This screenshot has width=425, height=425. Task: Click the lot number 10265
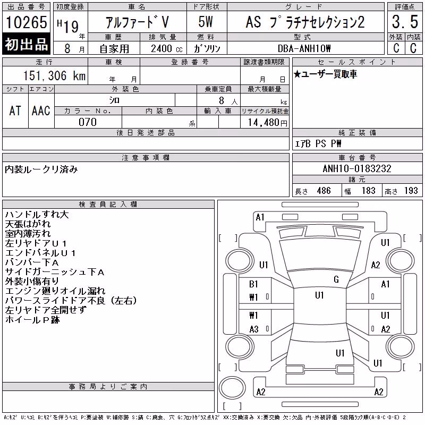tap(26, 22)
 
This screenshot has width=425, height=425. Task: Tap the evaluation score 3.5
tap(405, 22)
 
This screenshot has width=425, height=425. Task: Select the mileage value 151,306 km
tap(55, 75)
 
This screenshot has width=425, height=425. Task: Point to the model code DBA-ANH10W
tap(304, 48)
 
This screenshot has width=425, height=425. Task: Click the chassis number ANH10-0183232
tap(357, 168)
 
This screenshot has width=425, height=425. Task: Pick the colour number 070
tap(88, 122)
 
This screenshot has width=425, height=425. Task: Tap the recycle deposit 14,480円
tap(268, 123)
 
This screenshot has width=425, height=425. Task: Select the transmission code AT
tap(15, 110)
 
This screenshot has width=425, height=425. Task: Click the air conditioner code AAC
tap(41, 110)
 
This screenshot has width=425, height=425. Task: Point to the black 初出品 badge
tap(26, 44)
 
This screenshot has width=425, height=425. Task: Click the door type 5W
tap(206, 22)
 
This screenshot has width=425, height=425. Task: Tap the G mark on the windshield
tap(336, 279)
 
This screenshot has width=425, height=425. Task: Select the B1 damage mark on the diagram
tap(253, 284)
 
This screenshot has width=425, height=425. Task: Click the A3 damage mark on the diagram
tap(254, 329)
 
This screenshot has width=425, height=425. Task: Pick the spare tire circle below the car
tap(232, 387)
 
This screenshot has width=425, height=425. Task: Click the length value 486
tap(324, 191)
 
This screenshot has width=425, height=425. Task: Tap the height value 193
tap(411, 191)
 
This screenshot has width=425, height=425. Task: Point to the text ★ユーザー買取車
tap(325, 74)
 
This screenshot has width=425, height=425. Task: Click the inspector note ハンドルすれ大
tap(37, 215)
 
